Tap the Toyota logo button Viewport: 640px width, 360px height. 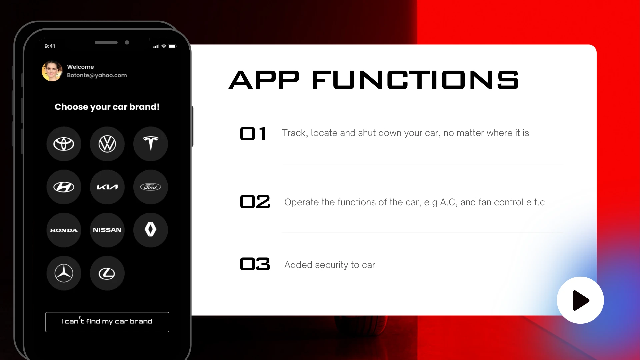(64, 144)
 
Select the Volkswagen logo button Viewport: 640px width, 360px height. (107, 144)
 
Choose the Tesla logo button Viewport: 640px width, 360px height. (151, 144)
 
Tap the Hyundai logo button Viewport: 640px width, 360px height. (64, 187)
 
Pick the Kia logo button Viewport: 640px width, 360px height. (107, 187)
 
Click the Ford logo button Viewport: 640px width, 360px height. (151, 187)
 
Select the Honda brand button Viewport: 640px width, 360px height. (64, 230)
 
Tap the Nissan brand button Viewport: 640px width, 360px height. (107, 230)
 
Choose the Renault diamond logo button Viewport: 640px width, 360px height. (151, 230)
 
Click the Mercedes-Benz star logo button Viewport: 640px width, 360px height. (64, 273)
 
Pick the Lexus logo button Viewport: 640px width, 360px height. (107, 273)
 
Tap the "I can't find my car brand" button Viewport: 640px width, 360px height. (107, 322)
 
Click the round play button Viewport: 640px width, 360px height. (580, 300)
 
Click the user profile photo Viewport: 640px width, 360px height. (52, 71)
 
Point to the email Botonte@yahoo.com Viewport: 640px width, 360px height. (97, 75)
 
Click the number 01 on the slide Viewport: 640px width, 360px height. (253, 134)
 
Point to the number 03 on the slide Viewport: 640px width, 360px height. (255, 264)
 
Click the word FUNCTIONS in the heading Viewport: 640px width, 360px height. (415, 80)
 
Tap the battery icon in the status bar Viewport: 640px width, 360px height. (172, 46)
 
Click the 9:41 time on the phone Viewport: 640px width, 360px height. (50, 46)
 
